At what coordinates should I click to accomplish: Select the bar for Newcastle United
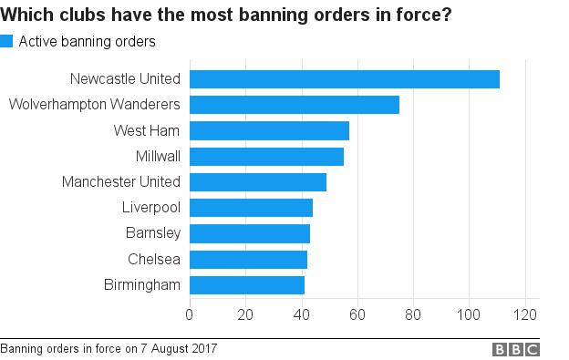[x=345, y=79]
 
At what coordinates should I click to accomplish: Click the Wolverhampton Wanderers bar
[x=295, y=105]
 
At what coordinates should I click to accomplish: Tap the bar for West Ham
[x=269, y=130]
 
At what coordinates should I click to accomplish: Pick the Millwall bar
[x=266, y=157]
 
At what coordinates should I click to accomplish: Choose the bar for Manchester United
[x=258, y=182]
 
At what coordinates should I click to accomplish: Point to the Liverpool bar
[x=251, y=208]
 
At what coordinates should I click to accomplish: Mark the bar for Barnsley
[x=250, y=233]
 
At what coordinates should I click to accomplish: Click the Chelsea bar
[x=248, y=260]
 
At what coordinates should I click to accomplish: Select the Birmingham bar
[x=247, y=285]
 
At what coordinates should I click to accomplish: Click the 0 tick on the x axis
[x=190, y=316]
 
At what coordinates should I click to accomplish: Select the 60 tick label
[x=357, y=316]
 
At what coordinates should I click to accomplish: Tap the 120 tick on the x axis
[x=525, y=316]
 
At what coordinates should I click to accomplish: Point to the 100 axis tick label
[x=469, y=316]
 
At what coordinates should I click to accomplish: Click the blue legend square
[x=6, y=41]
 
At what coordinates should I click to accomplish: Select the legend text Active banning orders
[x=88, y=41]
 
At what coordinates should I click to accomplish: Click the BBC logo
[x=516, y=349]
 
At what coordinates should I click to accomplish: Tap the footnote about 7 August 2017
[x=109, y=348]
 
